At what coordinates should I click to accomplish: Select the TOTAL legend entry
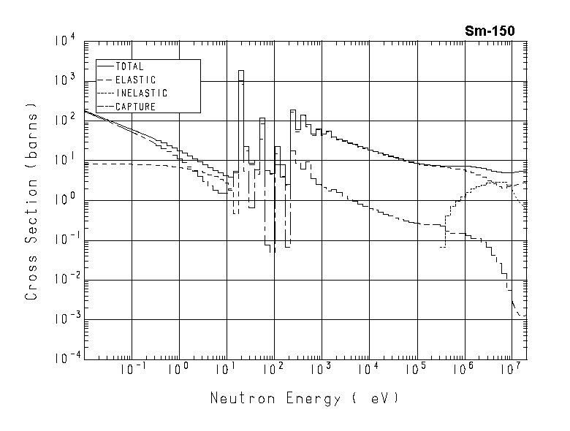129,66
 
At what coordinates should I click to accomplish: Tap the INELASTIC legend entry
141,94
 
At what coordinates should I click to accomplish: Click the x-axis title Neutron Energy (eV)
305,399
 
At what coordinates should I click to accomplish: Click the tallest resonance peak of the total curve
241,71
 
